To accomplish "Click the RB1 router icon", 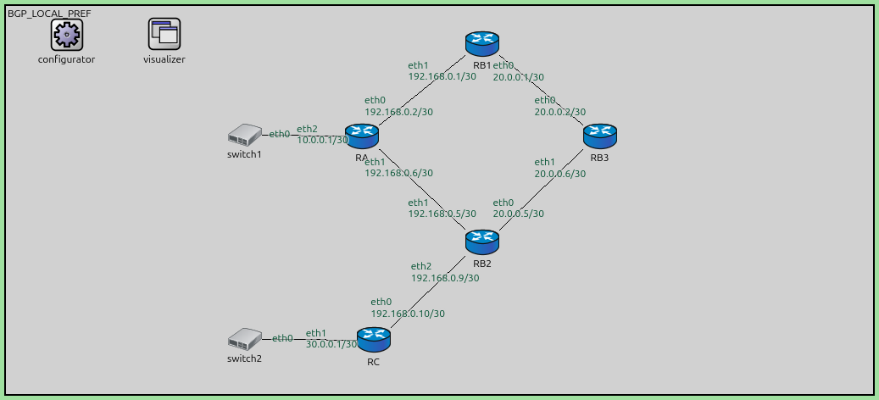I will tap(482, 43).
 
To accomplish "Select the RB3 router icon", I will tap(600, 136).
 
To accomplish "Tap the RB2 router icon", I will tap(482, 242).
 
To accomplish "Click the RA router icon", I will tap(362, 136).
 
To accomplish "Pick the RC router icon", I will tap(373, 340).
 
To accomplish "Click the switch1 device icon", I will tap(245, 135).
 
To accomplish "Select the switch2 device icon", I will tap(245, 339).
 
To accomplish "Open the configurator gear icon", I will tap(66, 34).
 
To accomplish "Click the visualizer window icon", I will tap(164, 34).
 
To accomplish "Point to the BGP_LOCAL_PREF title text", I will tap(49, 14).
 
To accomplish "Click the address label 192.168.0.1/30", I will tap(442, 76).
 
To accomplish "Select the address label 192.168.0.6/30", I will tap(398, 173).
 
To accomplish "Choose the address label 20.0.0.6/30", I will tap(559, 173).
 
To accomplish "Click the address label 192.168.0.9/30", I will tap(445, 277).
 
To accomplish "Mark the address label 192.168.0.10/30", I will tap(408, 313).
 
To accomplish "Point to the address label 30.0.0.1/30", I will tap(331, 344).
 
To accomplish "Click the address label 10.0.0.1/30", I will tap(323, 140).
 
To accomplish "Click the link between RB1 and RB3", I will tap(547, 92).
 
